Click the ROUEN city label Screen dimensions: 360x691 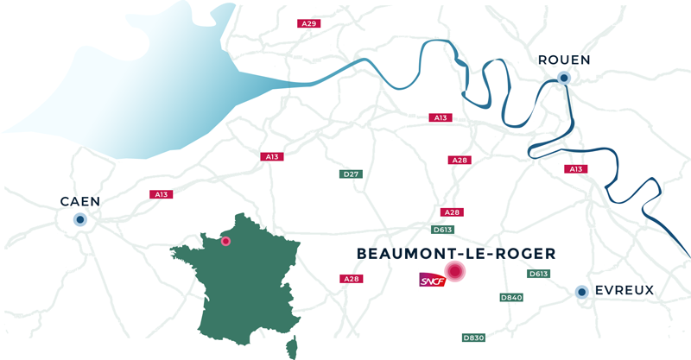[564, 60]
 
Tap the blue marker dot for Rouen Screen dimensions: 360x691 [564, 78]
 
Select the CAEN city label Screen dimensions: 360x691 [80, 201]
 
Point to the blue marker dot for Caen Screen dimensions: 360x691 [80, 220]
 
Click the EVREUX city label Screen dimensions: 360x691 [624, 291]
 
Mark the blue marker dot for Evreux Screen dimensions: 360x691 [582, 293]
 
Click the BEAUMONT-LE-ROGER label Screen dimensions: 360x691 [456, 254]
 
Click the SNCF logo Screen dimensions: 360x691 [431, 281]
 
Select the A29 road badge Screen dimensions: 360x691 [309, 23]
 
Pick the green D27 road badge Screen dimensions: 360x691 [350, 174]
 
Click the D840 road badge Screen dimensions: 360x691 [511, 298]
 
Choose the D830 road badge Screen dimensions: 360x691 [473, 338]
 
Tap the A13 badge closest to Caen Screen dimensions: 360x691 [161, 194]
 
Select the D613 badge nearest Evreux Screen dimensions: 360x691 [538, 274]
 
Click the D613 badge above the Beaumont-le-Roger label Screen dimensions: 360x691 [442, 230]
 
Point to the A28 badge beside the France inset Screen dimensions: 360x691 [351, 279]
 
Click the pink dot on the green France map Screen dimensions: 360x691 [225, 242]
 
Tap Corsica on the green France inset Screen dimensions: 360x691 [291, 348]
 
